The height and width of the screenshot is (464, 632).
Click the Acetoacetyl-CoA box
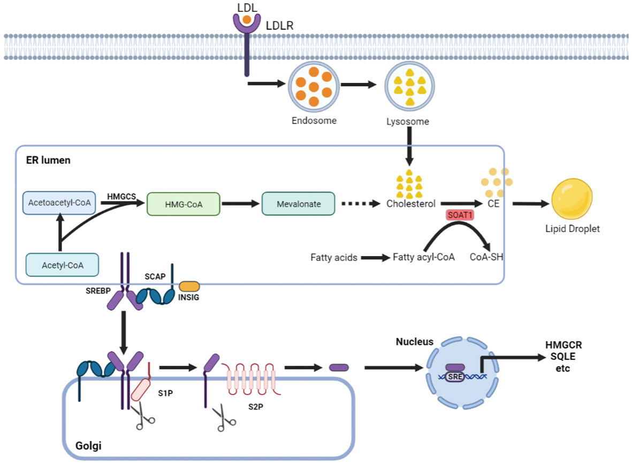(59, 204)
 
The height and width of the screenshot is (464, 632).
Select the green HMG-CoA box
(182, 204)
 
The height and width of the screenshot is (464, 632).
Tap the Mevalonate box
(298, 204)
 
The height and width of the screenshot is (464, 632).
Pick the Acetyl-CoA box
(62, 265)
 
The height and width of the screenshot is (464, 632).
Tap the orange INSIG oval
(189, 287)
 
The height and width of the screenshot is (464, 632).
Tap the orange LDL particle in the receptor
(246, 20)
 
